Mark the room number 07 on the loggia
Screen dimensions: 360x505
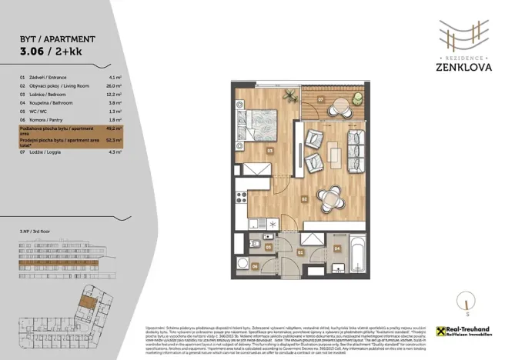coord(319,100)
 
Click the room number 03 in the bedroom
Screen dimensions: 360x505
coord(270,151)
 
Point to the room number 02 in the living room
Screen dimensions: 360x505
coord(305,198)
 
